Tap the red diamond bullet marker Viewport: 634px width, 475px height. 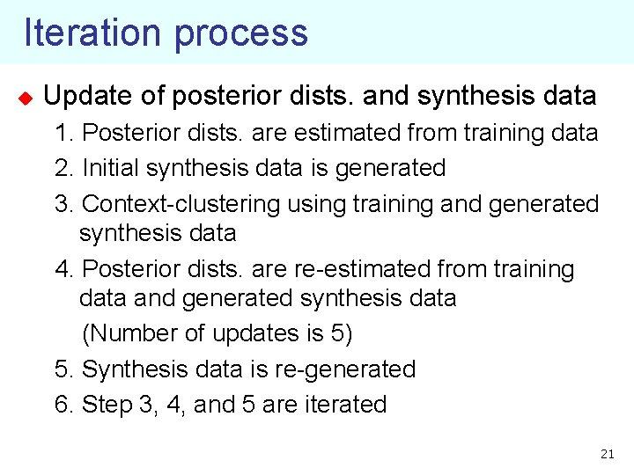point(25,96)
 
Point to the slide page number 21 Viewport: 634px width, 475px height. point(606,454)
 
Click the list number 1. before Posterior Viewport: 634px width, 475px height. point(63,134)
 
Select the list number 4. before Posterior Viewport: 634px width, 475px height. point(63,269)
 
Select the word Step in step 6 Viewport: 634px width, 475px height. point(105,406)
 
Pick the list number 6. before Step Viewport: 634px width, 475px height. point(63,405)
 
